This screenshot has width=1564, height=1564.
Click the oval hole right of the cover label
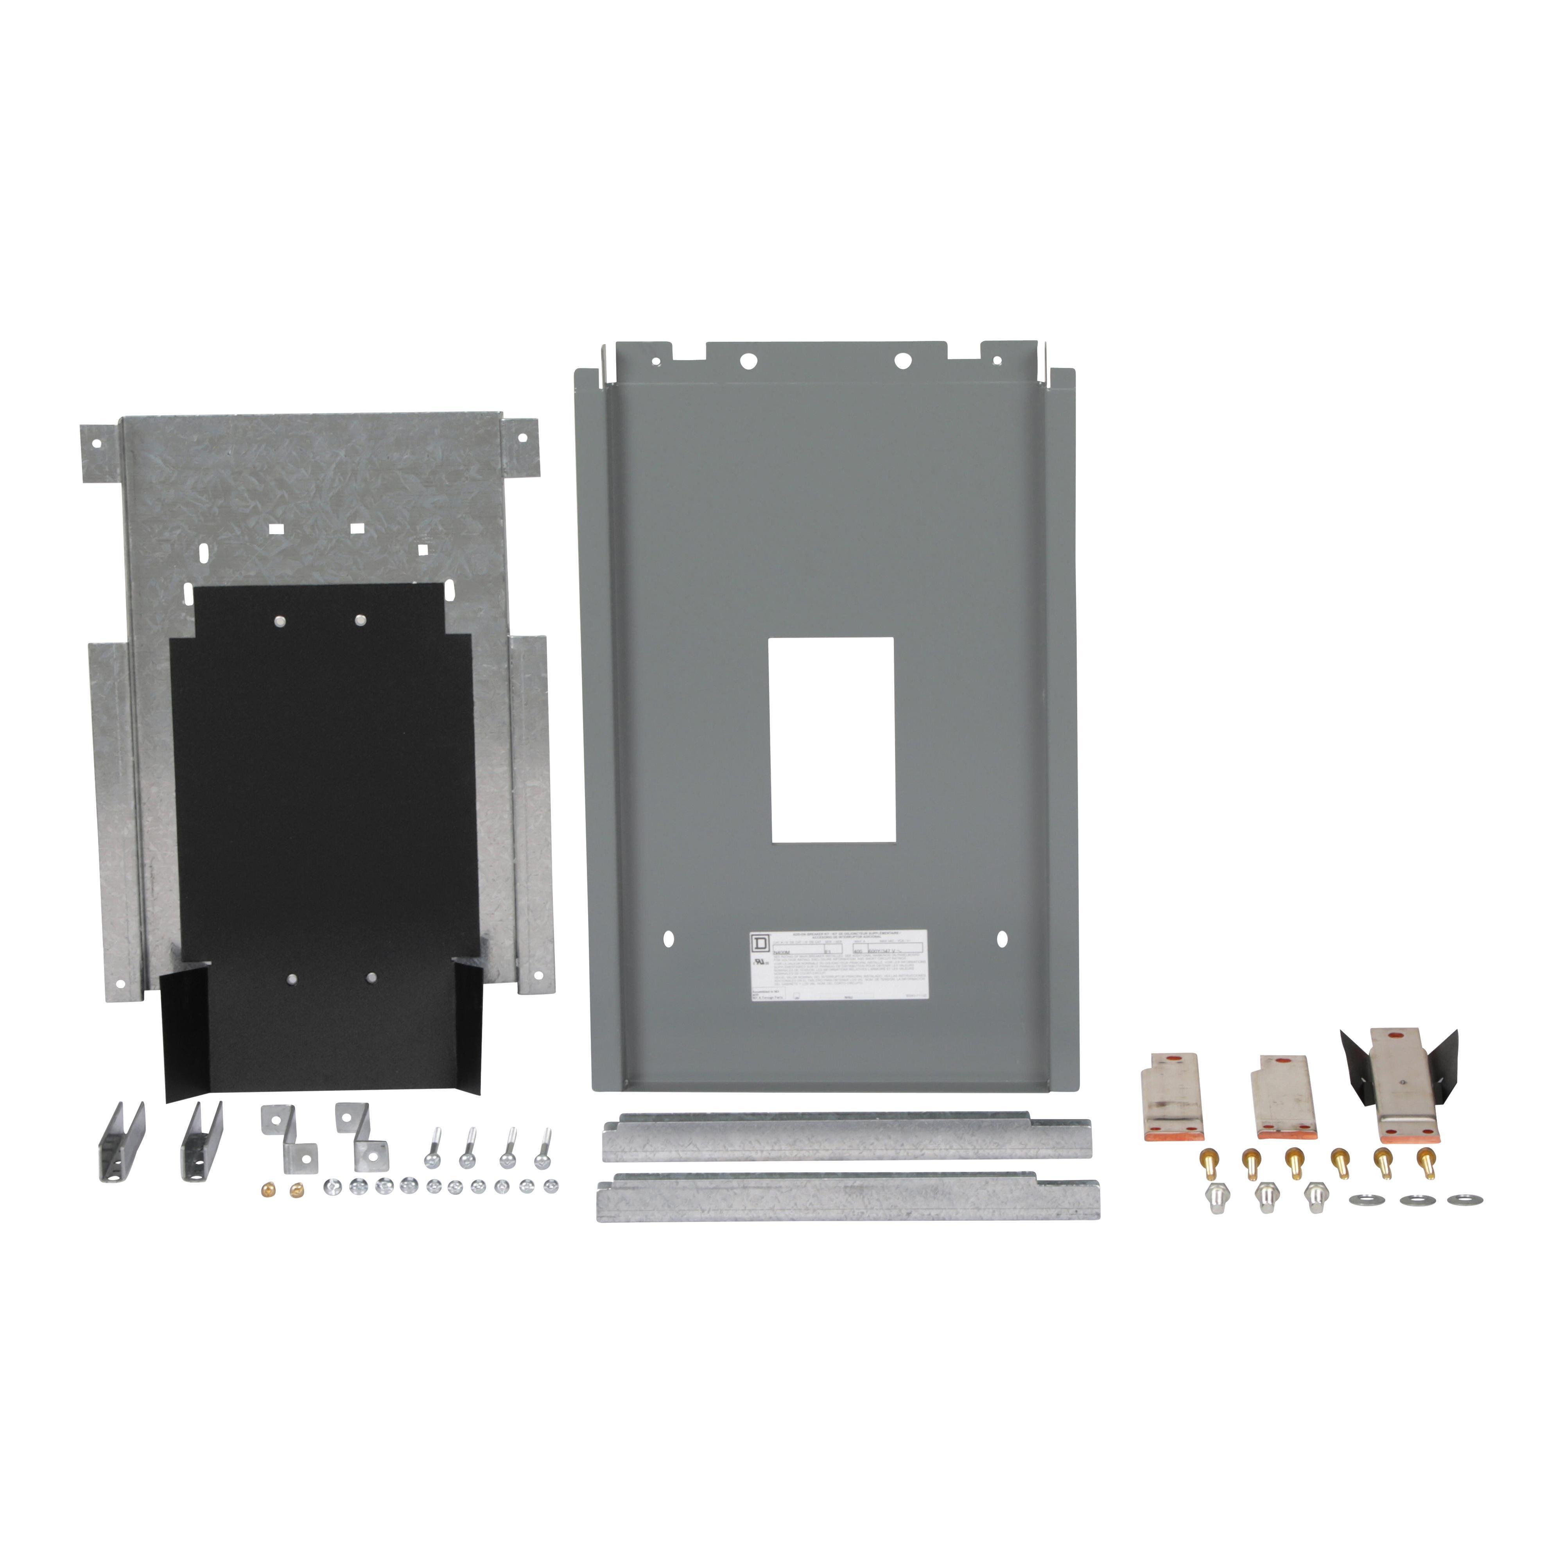click(x=1002, y=939)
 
